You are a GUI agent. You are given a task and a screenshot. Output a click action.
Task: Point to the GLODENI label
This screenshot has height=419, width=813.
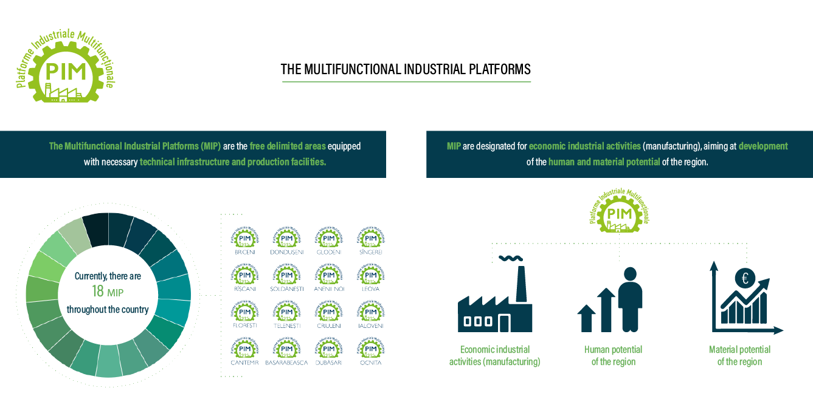[x=329, y=252]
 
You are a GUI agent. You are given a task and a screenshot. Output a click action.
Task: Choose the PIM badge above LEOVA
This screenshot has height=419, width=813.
[x=370, y=275]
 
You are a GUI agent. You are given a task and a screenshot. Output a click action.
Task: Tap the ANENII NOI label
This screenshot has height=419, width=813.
[x=329, y=289]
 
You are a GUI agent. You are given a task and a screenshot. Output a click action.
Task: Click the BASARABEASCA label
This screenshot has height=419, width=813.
[x=286, y=363]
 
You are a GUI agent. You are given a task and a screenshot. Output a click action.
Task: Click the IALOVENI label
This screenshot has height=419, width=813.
[x=370, y=325]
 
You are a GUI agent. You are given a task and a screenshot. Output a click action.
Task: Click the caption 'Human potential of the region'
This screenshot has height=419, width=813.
[x=613, y=356]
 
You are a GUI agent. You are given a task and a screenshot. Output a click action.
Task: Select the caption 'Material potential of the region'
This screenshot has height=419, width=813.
[x=739, y=356]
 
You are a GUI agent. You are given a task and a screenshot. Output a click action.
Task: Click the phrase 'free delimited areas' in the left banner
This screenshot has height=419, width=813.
[x=288, y=146]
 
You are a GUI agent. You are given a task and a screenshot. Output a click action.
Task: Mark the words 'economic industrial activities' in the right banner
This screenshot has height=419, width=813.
[x=584, y=146]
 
